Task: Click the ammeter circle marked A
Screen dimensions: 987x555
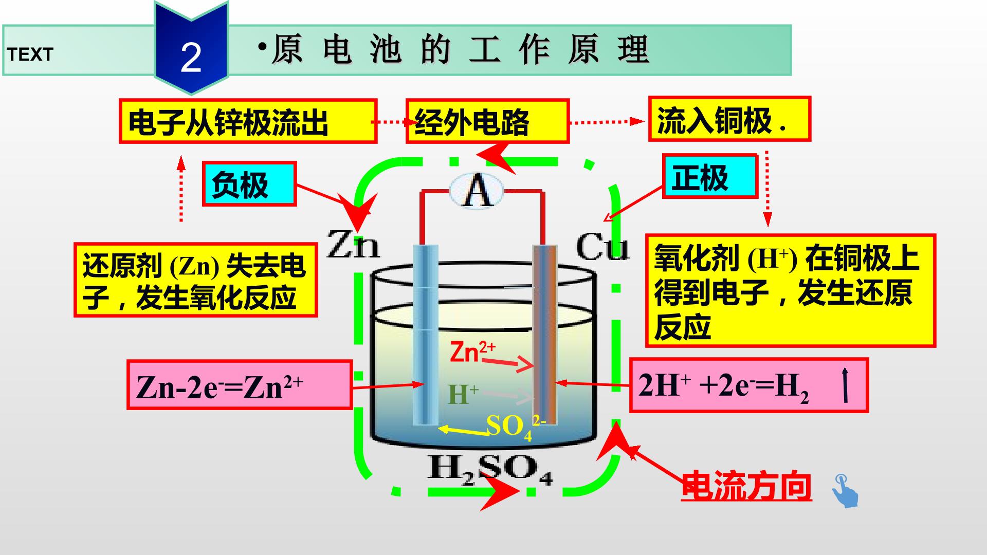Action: pyautogui.click(x=477, y=191)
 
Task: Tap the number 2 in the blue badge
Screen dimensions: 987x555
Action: pyautogui.click(x=191, y=58)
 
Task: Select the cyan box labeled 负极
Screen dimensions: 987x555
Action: pyautogui.click(x=249, y=184)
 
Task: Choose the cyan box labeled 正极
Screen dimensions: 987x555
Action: pyautogui.click(x=710, y=176)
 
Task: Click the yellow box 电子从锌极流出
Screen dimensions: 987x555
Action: pyautogui.click(x=248, y=121)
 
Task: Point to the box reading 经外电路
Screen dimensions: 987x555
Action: pyautogui.click(x=487, y=121)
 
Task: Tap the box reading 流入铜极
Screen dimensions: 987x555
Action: pyautogui.click(x=729, y=119)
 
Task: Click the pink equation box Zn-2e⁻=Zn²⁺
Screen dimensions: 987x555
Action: pyautogui.click(x=240, y=385)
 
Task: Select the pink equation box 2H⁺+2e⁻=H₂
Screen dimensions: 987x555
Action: pyautogui.click(x=749, y=385)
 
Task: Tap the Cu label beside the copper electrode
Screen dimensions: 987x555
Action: pyautogui.click(x=602, y=248)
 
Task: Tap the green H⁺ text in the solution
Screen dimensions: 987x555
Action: pyautogui.click(x=463, y=395)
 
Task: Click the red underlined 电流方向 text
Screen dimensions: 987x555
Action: pyautogui.click(x=746, y=486)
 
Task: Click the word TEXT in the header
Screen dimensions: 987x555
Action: pyautogui.click(x=30, y=54)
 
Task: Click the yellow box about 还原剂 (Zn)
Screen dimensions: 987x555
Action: pyautogui.click(x=195, y=280)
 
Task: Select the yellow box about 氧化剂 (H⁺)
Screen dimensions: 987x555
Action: pyautogui.click(x=790, y=291)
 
